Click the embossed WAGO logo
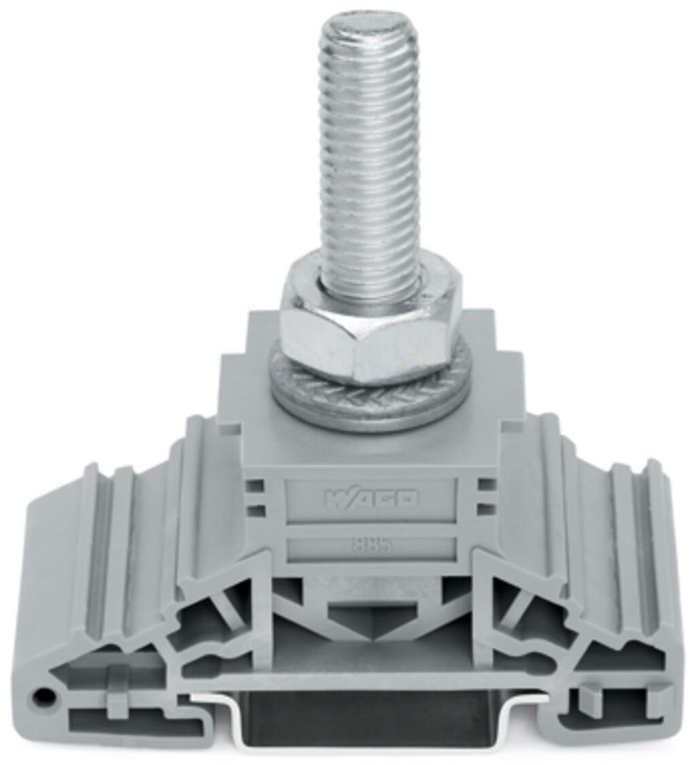(x=372, y=498)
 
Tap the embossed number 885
(x=371, y=545)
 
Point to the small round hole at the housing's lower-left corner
(x=43, y=696)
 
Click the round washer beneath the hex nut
(x=370, y=401)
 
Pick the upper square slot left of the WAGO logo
(x=255, y=485)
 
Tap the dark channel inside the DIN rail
(x=370, y=721)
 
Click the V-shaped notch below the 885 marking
(x=371, y=615)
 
